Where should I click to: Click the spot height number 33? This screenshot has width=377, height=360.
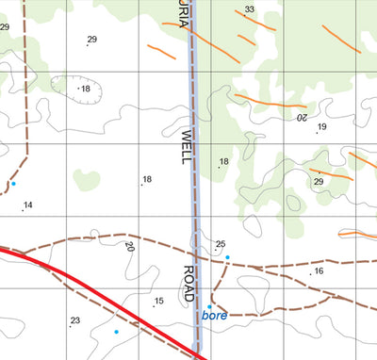(x=249, y=10)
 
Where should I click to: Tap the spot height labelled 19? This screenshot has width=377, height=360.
(x=321, y=127)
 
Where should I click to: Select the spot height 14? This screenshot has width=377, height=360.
(x=28, y=205)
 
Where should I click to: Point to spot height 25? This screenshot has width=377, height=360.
(x=221, y=245)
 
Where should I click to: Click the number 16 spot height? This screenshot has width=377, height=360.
(x=319, y=271)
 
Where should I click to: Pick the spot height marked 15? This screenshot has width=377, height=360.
(x=159, y=302)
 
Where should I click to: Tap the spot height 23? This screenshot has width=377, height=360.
(x=75, y=321)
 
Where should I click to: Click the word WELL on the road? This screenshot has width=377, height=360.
(x=186, y=147)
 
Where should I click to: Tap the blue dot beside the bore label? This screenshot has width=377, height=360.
(x=209, y=306)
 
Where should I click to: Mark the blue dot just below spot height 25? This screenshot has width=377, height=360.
(x=227, y=257)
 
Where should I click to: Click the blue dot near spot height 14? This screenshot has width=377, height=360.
(x=13, y=184)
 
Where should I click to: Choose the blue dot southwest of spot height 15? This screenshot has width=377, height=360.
(x=116, y=332)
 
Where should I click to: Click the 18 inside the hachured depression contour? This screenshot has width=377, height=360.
(x=85, y=89)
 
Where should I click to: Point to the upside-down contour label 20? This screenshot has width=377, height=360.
(x=303, y=119)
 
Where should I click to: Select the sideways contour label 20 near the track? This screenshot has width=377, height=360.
(x=129, y=247)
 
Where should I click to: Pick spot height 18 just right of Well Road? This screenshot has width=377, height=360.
(x=224, y=162)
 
